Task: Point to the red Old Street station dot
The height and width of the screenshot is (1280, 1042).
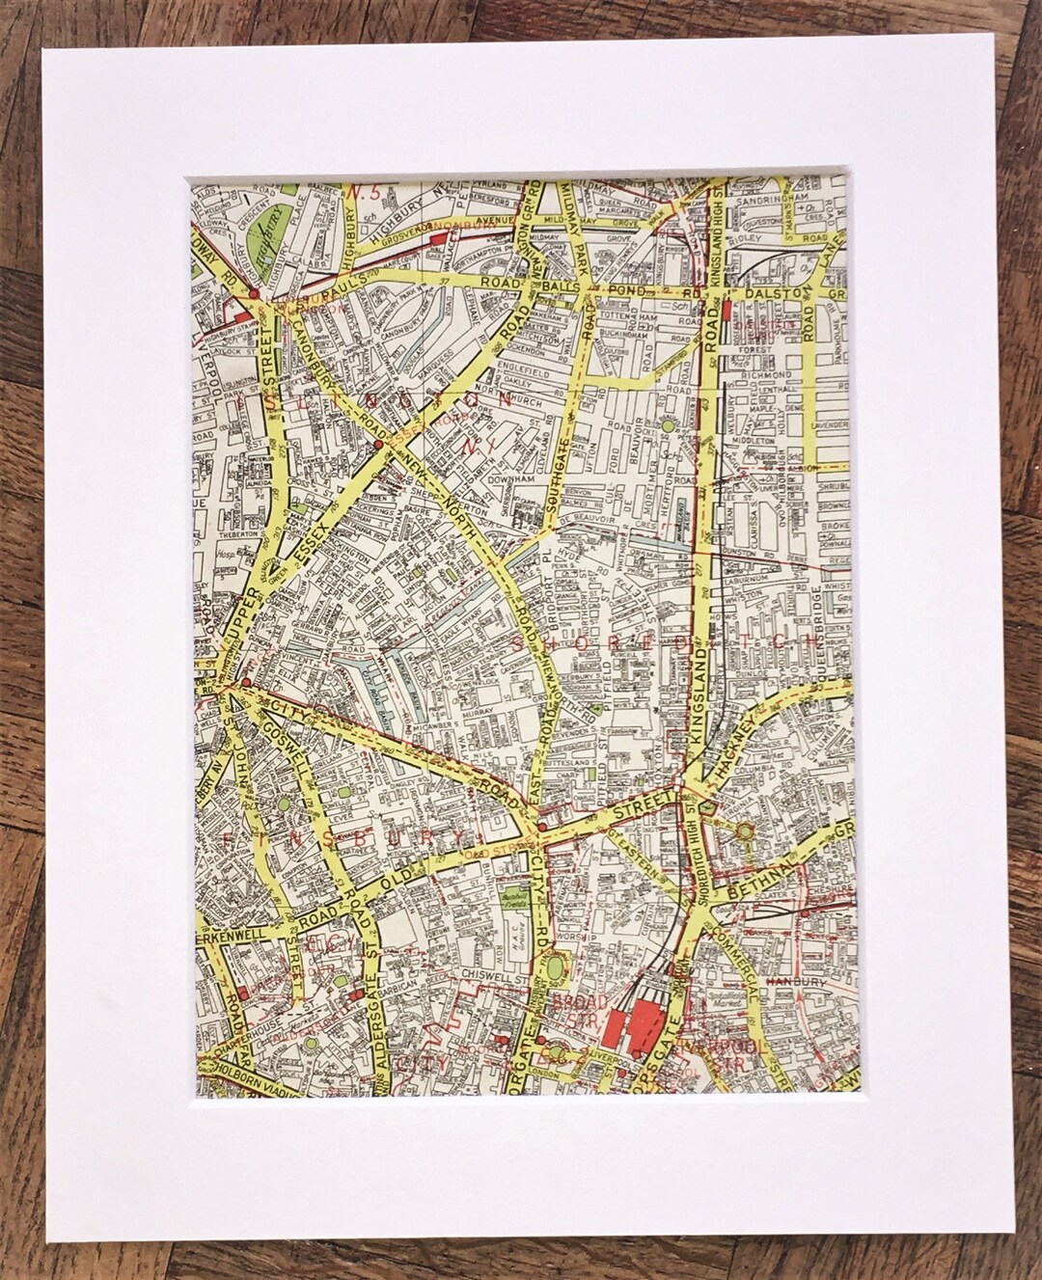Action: click(x=542, y=827)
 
